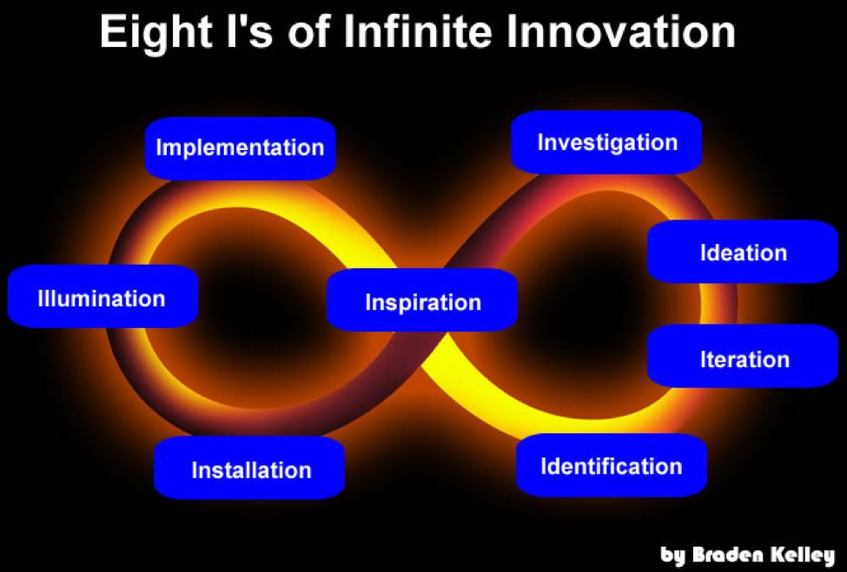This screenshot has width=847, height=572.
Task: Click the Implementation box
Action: click(x=241, y=148)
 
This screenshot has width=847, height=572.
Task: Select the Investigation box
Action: click(x=606, y=142)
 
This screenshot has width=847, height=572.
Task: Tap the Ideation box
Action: click(x=743, y=252)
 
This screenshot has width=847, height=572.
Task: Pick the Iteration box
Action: click(x=743, y=356)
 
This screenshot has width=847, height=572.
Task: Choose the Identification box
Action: click(x=612, y=465)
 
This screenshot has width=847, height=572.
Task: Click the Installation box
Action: click(x=249, y=468)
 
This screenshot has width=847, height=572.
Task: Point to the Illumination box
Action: click(x=103, y=296)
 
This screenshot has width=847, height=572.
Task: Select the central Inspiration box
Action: click(x=422, y=300)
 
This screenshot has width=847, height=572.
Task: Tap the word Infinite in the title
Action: click(x=417, y=32)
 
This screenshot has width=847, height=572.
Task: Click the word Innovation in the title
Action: click(x=620, y=32)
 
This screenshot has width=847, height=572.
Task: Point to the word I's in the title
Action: click(x=249, y=32)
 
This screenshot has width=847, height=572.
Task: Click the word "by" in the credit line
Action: click(x=673, y=556)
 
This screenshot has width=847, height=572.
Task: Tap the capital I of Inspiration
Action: click(x=368, y=302)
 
